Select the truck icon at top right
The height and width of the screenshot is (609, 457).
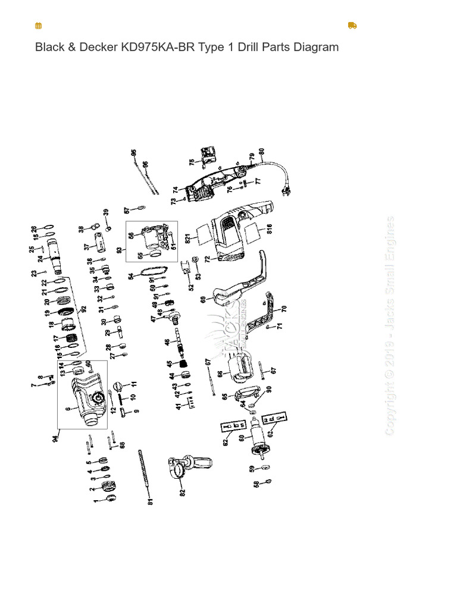(352, 26)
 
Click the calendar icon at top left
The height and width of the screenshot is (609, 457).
(39, 26)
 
